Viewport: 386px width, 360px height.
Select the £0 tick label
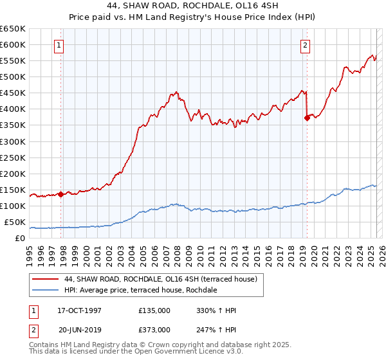tap(20, 239)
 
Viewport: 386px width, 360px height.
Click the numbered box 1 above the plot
tap(59, 45)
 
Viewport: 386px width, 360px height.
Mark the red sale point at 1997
tap(61, 194)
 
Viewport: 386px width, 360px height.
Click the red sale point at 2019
tap(307, 118)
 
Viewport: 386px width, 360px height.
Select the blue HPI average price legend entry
tap(140, 291)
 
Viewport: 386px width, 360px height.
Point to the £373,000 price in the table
tap(154, 329)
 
